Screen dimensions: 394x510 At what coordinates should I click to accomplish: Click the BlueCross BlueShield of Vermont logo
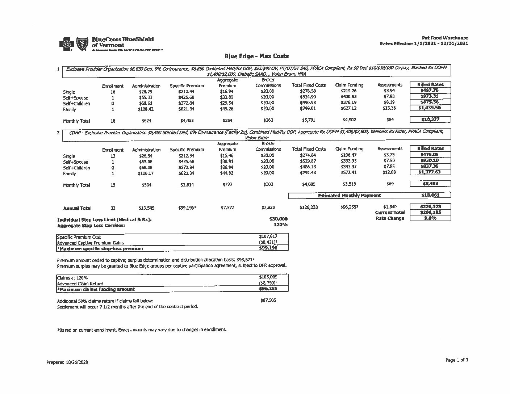coord(110,43)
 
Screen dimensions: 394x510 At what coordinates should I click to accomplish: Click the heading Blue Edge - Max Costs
coord(256,56)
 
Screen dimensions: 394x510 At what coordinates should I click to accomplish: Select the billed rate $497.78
coord(430,91)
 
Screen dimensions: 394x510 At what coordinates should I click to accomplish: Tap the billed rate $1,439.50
coord(430,108)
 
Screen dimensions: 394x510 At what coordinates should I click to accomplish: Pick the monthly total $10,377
coord(430,120)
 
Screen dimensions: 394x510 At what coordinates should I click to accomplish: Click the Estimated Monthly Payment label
coord(349,196)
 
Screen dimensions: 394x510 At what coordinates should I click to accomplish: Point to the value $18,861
coord(430,195)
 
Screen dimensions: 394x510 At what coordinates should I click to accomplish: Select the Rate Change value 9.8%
coord(430,218)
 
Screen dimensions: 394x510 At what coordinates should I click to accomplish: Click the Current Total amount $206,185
coord(430,213)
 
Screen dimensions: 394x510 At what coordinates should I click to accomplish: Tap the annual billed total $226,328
coord(430,207)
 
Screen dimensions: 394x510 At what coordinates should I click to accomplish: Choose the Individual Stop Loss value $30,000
coord(278,219)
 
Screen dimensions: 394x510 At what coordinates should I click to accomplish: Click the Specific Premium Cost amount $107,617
coord(268,236)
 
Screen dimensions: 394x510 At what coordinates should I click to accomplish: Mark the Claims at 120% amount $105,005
coord(268,277)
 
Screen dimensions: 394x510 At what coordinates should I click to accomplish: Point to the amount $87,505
coord(268,300)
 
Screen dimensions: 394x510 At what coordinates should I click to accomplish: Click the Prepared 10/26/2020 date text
coord(67,362)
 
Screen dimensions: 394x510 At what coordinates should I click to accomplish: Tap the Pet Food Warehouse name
coord(445,38)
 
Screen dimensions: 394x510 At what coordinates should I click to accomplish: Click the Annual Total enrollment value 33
coord(113,208)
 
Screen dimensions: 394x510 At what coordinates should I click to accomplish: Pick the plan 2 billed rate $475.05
coord(430,155)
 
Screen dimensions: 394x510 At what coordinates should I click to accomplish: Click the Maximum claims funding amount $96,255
coord(268,289)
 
